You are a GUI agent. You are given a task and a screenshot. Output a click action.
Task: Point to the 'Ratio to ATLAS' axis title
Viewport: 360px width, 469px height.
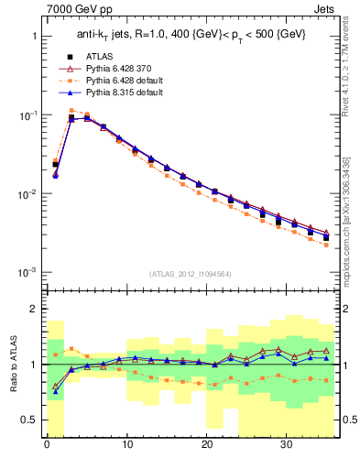tap(12, 364)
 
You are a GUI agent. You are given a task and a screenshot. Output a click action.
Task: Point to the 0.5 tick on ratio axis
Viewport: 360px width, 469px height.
tap(30, 420)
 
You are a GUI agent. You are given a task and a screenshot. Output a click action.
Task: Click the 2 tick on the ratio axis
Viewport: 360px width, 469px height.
tap(34, 309)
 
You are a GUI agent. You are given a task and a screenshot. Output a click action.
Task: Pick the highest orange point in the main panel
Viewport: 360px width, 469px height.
tap(71, 111)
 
